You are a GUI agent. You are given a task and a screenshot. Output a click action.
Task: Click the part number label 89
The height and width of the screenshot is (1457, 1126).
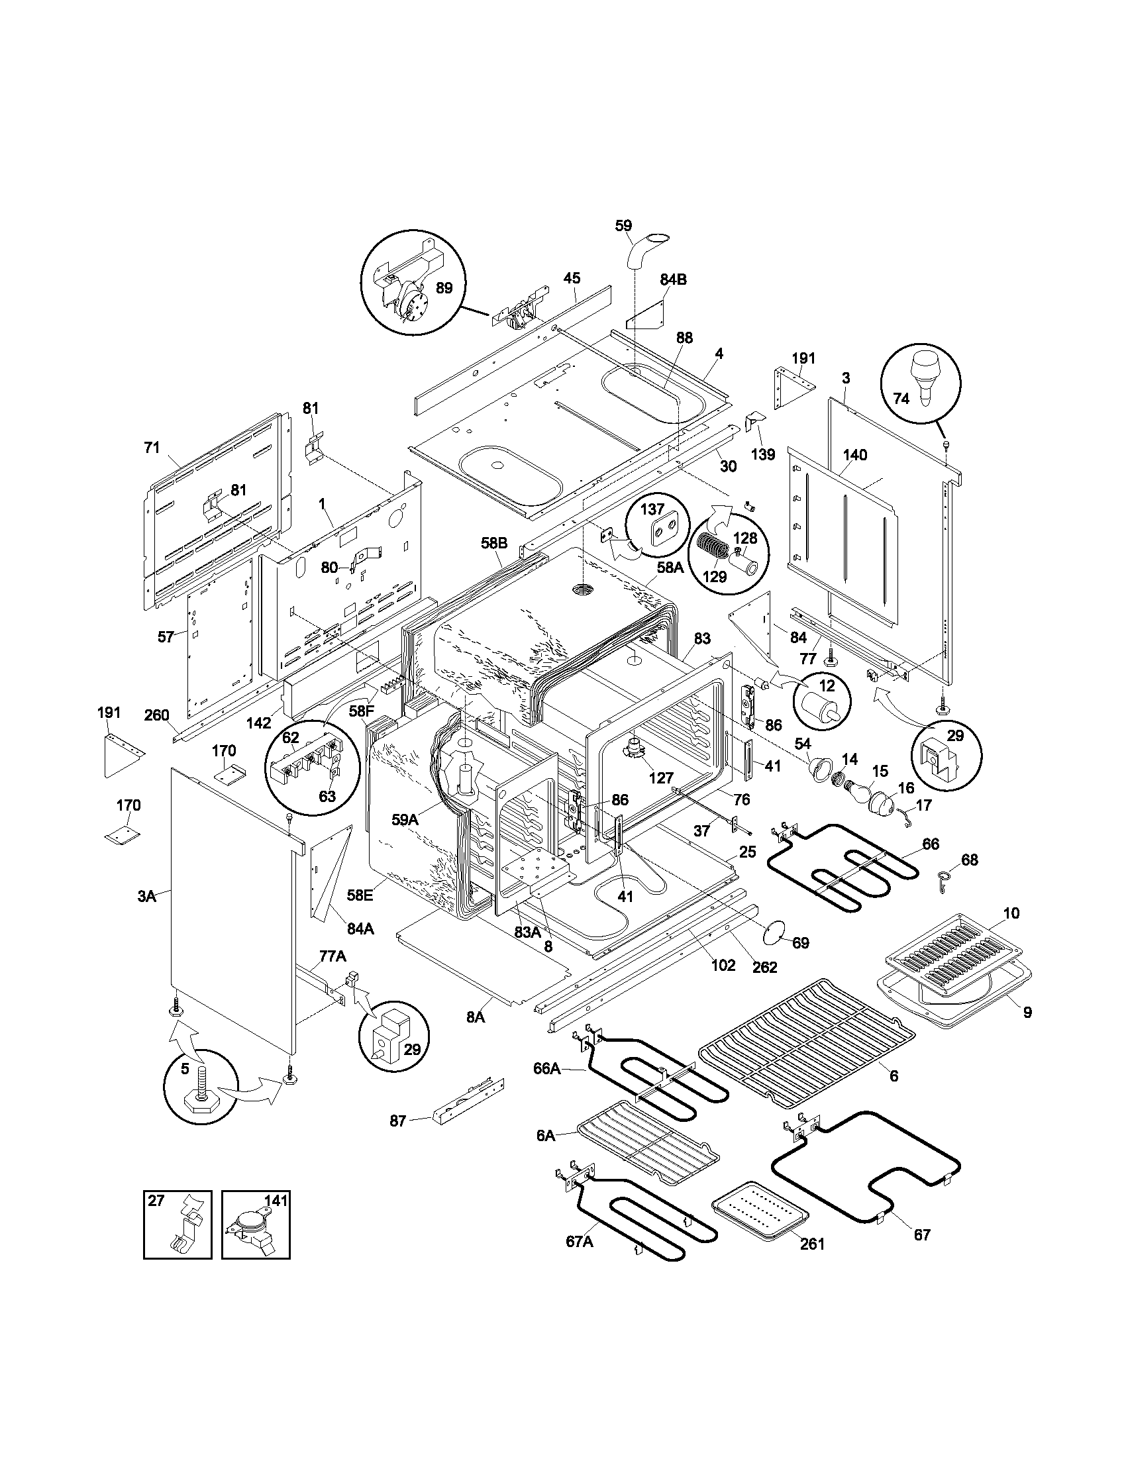[444, 287]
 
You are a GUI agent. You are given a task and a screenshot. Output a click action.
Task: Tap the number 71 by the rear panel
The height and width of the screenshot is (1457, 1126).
[152, 447]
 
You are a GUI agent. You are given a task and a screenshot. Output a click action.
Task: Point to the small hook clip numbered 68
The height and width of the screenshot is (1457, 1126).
[942, 880]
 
